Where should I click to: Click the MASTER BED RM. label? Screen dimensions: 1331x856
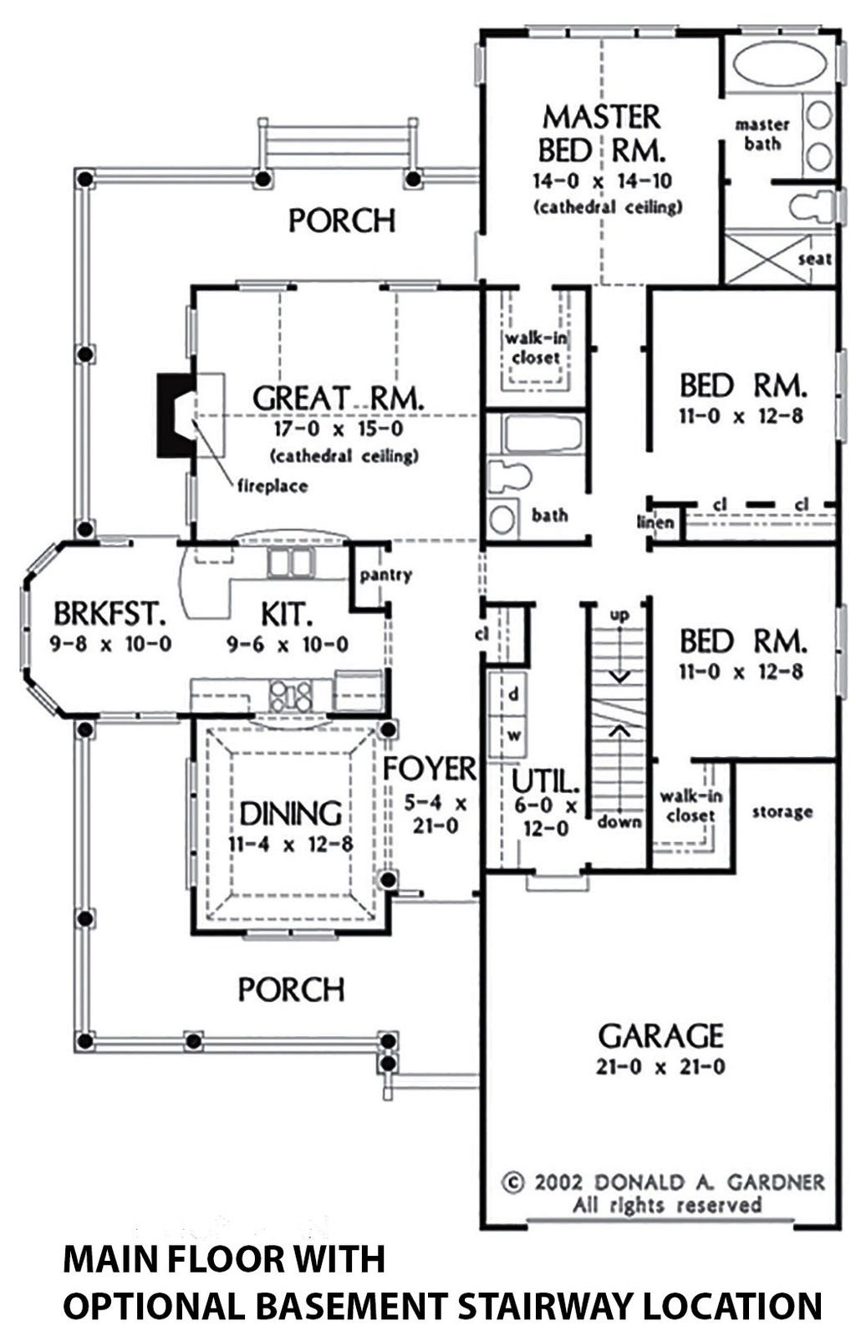coord(601,134)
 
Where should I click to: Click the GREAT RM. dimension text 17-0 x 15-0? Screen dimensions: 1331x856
coord(338,429)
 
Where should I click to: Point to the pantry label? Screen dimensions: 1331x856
coord(385,575)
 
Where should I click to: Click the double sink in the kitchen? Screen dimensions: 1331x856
coord(288,563)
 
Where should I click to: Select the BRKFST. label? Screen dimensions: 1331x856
coord(110,614)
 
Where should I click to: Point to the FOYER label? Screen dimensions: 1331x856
coord(429,768)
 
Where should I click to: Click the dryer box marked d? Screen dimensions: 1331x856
coord(513,693)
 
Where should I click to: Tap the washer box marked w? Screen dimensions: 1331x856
coord(514,735)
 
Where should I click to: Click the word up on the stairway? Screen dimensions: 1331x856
coord(619,615)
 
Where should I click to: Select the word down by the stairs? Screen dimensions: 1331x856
coord(619,822)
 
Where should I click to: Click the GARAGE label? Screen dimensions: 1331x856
coord(660,1036)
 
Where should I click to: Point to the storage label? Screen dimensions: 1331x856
coord(782,811)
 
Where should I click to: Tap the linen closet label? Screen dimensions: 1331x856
coord(656,523)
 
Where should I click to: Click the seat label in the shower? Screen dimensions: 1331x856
coord(814,259)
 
